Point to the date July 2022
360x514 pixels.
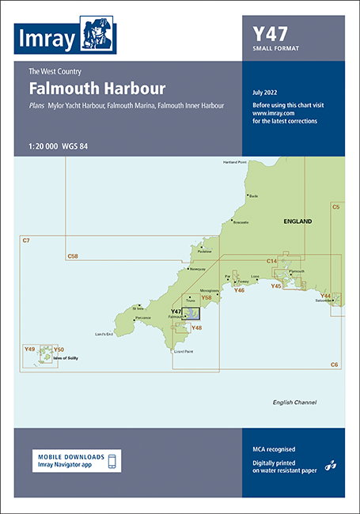click(264, 93)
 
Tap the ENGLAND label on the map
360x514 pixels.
click(297, 221)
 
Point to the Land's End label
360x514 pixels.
click(107, 334)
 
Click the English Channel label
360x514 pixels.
click(294, 402)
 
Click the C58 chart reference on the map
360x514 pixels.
click(73, 256)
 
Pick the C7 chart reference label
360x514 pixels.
click(25, 240)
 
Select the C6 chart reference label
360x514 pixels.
click(335, 364)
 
